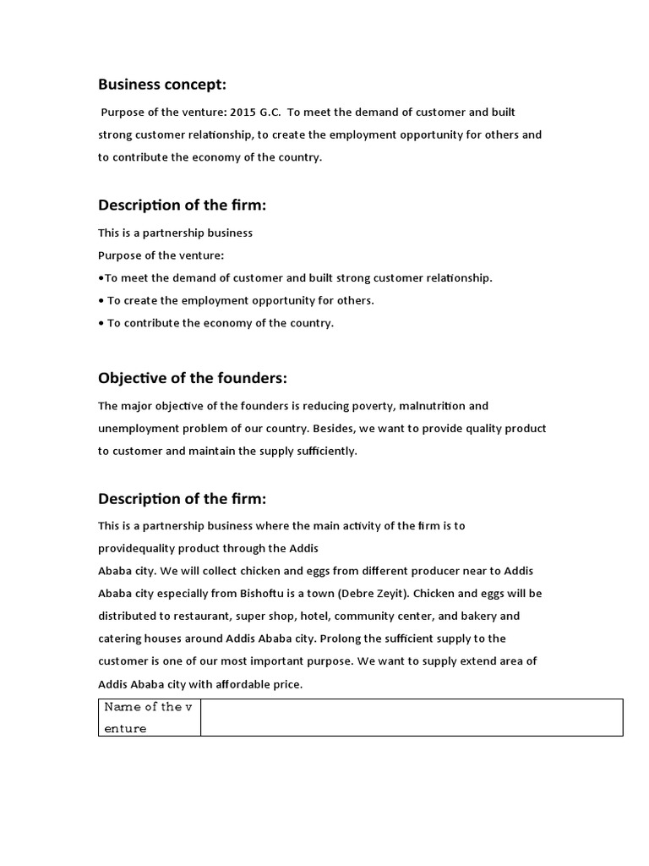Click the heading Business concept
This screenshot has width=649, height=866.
point(162,84)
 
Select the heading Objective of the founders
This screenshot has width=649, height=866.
point(187,377)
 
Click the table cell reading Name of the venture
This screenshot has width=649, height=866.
point(150,717)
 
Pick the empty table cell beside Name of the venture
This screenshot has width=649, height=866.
point(412,717)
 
